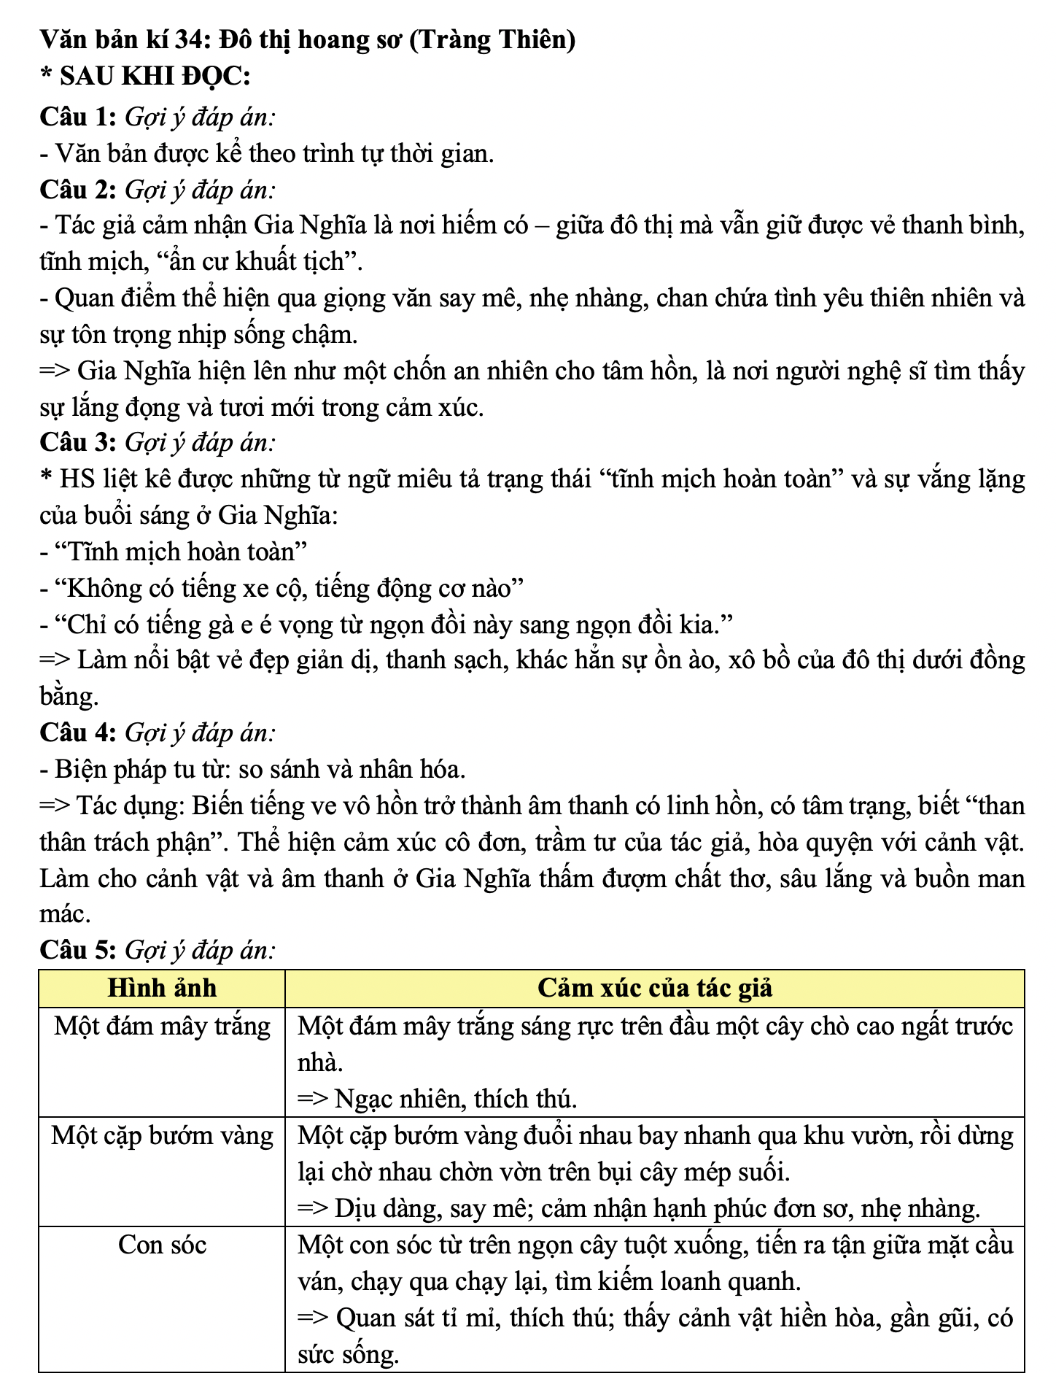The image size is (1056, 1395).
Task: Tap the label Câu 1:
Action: tap(78, 117)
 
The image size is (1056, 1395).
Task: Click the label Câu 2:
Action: tap(78, 190)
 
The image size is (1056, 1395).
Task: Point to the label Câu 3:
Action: tap(78, 443)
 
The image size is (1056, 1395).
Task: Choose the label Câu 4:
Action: tap(78, 733)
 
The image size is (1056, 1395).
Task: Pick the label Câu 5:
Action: tap(78, 950)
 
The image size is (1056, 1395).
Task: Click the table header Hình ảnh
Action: tap(162, 988)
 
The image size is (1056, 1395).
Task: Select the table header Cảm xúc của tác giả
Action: tap(654, 988)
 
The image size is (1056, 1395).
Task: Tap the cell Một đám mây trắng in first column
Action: tap(162, 1026)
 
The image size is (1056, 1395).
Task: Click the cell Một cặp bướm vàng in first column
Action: tap(162, 1135)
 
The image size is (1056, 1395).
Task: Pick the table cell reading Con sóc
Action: tap(162, 1245)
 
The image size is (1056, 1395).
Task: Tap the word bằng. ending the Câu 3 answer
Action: tap(69, 696)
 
